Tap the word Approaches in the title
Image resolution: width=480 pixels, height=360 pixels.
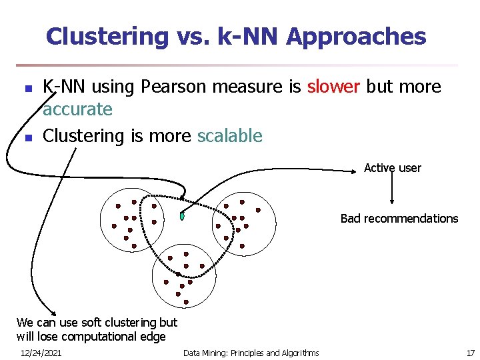pos(356,36)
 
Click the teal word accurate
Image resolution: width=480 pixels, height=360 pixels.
pos(77,109)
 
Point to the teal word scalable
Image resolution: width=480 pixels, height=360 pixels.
pos(230,136)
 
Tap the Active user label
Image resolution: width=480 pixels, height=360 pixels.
pos(392,168)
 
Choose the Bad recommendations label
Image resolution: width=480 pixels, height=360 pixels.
pos(399,219)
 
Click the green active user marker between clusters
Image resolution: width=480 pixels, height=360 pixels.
pos(182,216)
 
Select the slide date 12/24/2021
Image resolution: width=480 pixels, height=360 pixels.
pos(41,353)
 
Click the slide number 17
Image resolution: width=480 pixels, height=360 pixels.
pos(470,353)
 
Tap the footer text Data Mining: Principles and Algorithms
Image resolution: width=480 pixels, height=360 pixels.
pos(251,353)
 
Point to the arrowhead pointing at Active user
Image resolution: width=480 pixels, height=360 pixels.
pos(357,172)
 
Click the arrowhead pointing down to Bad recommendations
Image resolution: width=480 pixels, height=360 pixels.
pos(392,203)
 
